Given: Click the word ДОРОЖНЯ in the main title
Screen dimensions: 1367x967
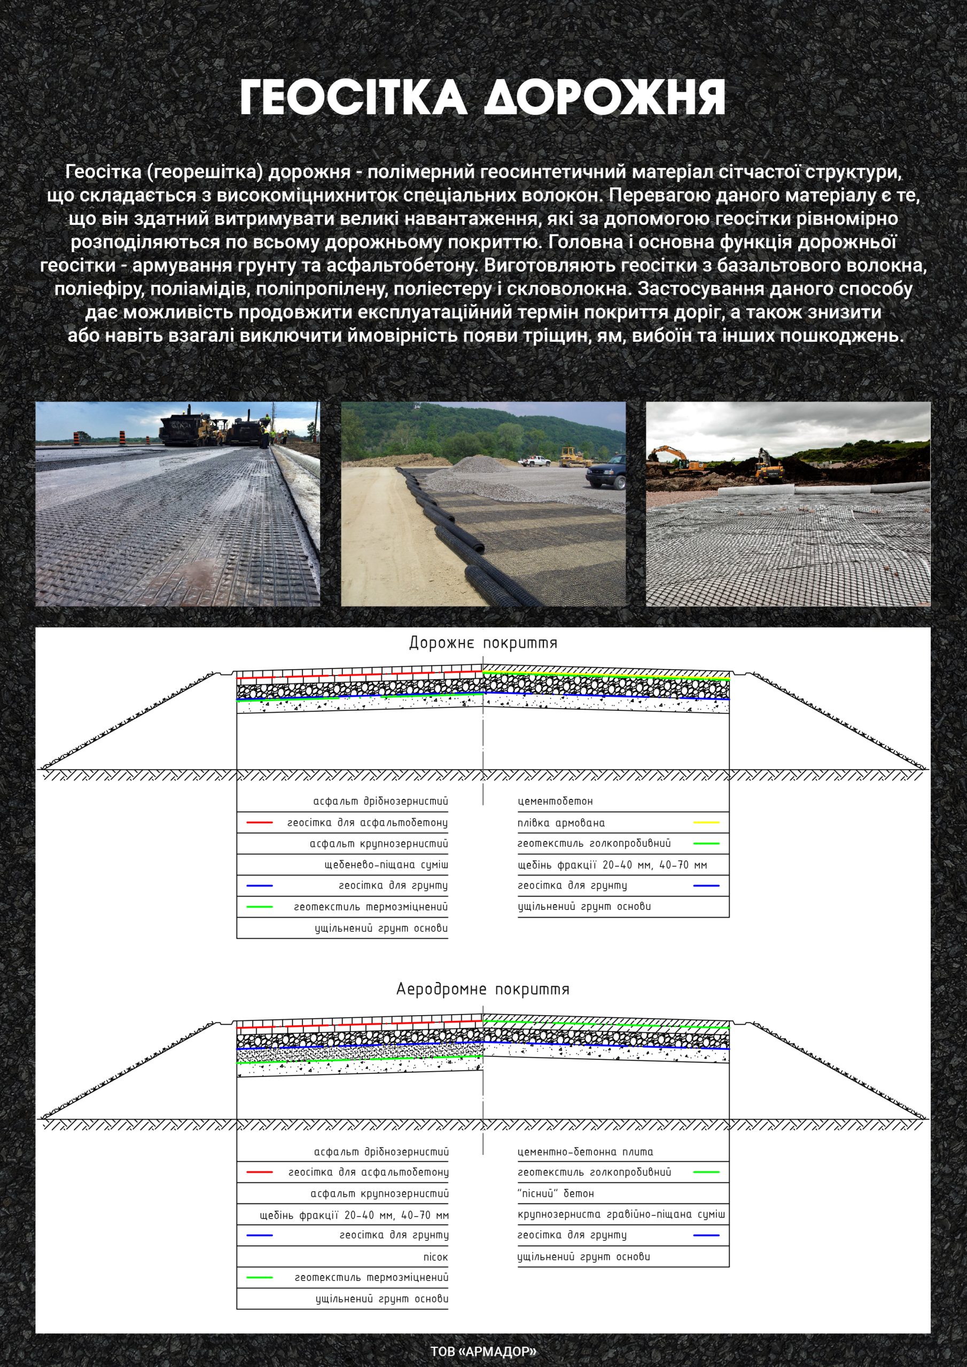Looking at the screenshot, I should coord(604,97).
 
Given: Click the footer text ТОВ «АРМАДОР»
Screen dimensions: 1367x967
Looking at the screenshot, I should coord(483,1351).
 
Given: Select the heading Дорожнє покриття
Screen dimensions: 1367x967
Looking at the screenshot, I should coord(482,643).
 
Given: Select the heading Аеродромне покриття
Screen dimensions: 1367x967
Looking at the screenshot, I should coord(482,989).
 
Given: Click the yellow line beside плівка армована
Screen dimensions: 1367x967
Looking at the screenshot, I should coord(706,823).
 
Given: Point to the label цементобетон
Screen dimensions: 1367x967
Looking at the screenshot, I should coord(555,802).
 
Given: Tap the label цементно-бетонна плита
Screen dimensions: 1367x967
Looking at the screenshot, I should coord(585,1151).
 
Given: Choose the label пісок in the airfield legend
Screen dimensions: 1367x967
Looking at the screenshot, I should coord(435,1256).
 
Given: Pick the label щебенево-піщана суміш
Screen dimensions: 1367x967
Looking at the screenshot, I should coord(386,865).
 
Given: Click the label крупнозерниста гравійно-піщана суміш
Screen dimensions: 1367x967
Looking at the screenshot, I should coord(621,1214).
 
